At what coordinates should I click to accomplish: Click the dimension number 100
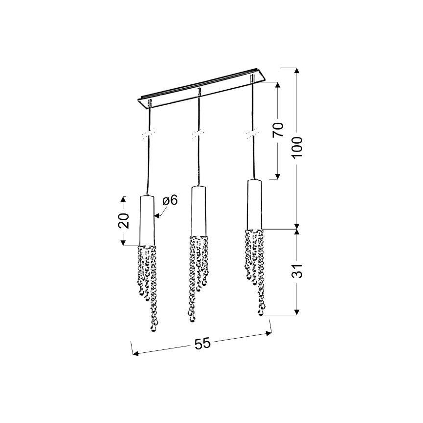coord(298,146)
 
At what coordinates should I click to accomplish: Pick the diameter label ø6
coord(170,200)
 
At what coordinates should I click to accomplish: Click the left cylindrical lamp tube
coord(147,220)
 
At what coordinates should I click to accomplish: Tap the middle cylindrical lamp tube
coord(197,210)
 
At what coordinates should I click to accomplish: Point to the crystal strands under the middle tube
coord(198,273)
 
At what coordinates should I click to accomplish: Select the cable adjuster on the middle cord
coord(198,133)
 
